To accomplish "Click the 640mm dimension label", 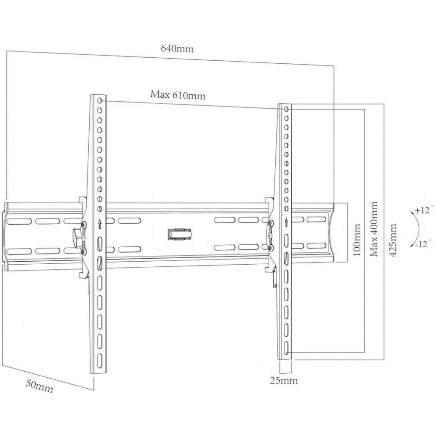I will point(177,48).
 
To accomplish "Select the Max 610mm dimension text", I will point(178,95).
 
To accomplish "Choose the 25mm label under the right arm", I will point(284,380).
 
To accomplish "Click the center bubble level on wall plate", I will point(180,234).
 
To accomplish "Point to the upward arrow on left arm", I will point(99,223).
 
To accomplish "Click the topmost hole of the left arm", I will point(100,101).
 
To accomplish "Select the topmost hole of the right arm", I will point(287,110).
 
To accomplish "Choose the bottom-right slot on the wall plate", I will point(316,246).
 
